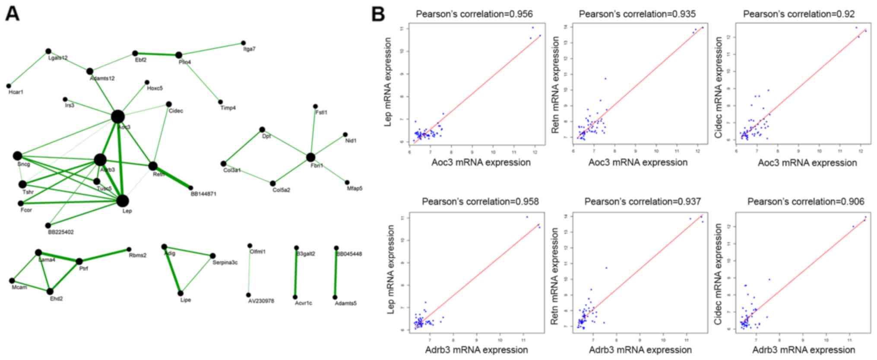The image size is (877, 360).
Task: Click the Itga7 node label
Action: (249, 49)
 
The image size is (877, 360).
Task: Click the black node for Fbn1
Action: (310, 157)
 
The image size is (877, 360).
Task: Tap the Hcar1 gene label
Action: (16, 92)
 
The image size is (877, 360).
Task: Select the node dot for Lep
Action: (123, 201)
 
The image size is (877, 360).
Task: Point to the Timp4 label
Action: (228, 108)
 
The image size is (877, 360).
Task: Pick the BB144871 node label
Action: (203, 194)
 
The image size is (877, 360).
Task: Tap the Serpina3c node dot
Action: (212, 256)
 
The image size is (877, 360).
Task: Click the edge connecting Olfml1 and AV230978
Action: (249, 271)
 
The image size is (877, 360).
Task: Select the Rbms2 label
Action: (137, 256)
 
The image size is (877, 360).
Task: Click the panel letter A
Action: (13, 14)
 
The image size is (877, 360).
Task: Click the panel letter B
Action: (378, 14)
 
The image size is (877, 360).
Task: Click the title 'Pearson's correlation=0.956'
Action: (474, 14)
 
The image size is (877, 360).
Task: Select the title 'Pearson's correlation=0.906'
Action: (806, 202)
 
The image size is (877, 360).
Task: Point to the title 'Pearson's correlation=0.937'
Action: (643, 202)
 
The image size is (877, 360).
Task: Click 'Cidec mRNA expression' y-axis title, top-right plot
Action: (719, 88)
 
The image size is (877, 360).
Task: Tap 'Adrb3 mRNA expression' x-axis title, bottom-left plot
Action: (476, 350)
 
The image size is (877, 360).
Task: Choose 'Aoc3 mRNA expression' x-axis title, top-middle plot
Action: (638, 163)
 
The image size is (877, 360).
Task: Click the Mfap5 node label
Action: (355, 189)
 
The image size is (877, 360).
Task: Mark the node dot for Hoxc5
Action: (147, 82)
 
